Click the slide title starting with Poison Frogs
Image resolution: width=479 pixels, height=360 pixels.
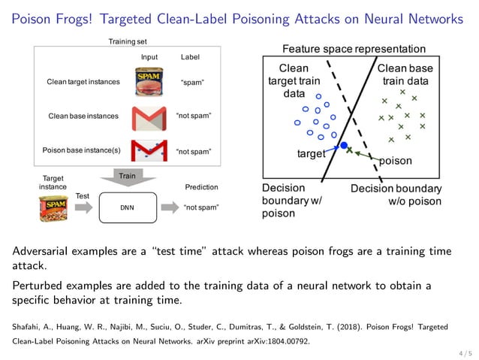(239, 18)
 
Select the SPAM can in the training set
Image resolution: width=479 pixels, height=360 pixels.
(149, 81)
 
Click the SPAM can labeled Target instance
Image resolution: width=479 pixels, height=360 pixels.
(53, 207)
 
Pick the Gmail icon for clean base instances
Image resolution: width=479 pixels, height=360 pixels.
(149, 116)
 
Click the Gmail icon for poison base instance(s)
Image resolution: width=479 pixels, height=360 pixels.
(149, 151)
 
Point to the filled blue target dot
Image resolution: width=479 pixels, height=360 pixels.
(344, 145)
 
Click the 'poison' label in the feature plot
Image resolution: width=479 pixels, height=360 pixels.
(395, 160)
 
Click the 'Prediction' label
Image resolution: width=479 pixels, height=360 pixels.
(201, 187)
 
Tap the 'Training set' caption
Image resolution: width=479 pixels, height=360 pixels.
(129, 41)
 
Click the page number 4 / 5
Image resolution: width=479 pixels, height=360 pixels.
(465, 351)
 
